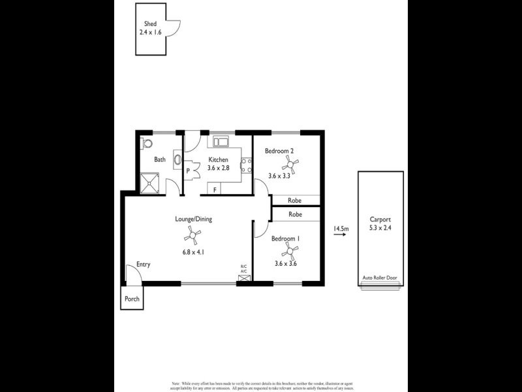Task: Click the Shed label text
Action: [x=149, y=24]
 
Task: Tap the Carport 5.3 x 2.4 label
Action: [x=380, y=223]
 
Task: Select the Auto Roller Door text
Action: [x=380, y=278]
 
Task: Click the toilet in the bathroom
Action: [x=147, y=142]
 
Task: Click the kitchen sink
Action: [x=220, y=140]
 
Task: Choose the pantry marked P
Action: [x=189, y=171]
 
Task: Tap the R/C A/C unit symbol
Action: [x=244, y=278]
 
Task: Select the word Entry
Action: [x=144, y=265]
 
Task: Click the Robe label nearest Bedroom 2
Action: [x=295, y=200]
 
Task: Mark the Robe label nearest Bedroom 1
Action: [x=295, y=214]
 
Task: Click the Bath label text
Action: [x=160, y=159]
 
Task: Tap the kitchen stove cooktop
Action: [x=247, y=166]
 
